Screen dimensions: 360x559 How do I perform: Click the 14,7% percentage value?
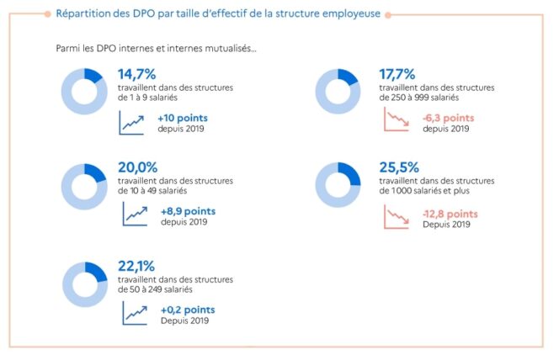pos(137,74)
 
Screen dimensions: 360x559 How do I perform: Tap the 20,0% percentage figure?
pos(138,167)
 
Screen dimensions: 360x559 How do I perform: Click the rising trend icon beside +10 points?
pos(132,123)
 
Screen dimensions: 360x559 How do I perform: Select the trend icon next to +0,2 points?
pos(133,313)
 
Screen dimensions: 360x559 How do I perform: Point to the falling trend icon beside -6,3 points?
pos(396,123)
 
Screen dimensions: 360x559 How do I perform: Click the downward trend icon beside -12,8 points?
pos(396,217)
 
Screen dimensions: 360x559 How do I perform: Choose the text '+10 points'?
pos(182,118)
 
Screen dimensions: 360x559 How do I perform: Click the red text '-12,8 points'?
pos(450,214)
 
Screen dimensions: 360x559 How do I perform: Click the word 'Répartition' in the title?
pos(81,13)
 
